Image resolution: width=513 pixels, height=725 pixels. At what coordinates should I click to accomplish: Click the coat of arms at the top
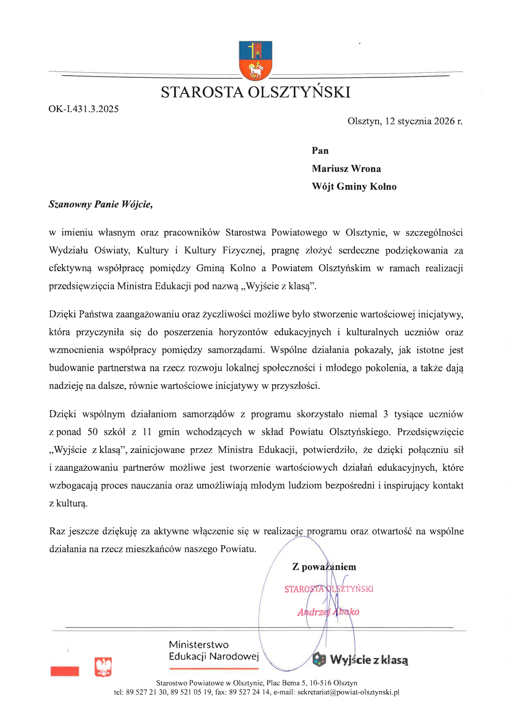pyautogui.click(x=255, y=60)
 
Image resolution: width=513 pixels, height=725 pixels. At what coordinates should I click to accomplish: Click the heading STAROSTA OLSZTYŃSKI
pyautogui.click(x=255, y=92)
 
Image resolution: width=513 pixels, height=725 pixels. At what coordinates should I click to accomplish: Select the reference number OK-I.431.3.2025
pyautogui.click(x=84, y=109)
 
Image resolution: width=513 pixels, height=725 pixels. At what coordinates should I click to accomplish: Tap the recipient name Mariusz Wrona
pyautogui.click(x=346, y=169)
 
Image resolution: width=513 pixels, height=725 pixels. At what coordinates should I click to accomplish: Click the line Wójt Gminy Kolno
pyautogui.click(x=354, y=186)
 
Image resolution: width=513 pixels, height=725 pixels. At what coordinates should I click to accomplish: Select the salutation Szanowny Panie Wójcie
pyautogui.click(x=101, y=205)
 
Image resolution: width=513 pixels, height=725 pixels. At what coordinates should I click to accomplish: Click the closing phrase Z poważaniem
pyautogui.click(x=324, y=567)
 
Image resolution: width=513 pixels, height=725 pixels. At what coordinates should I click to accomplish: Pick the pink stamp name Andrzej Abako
pyautogui.click(x=328, y=612)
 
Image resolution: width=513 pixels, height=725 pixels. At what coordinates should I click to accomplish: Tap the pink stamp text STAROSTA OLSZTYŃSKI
pyautogui.click(x=328, y=589)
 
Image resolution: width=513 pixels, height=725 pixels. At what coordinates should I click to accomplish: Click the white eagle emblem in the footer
pyautogui.click(x=103, y=667)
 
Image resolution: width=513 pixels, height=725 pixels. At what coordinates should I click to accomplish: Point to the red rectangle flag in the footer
pyautogui.click(x=65, y=671)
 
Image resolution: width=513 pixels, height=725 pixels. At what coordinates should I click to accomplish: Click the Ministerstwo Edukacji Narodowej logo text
pyautogui.click(x=213, y=651)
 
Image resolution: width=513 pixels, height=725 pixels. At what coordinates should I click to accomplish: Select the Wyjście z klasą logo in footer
pyautogui.click(x=361, y=660)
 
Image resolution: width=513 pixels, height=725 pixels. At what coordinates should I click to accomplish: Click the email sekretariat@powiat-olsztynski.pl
pyautogui.click(x=348, y=692)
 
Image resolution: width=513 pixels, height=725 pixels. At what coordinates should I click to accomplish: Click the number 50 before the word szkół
pyautogui.click(x=93, y=432)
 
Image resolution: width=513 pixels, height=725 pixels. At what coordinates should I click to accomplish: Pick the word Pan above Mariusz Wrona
pyautogui.click(x=320, y=150)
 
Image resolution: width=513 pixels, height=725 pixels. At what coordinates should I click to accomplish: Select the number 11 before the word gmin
pyautogui.click(x=147, y=432)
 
